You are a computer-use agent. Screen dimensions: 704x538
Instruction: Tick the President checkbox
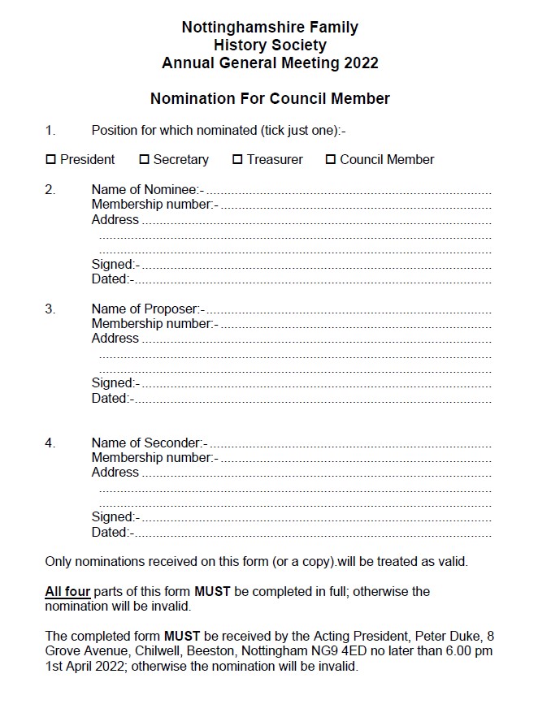[50, 160]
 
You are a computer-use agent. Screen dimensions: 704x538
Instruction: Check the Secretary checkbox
[145, 160]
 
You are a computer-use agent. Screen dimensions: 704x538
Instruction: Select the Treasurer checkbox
[238, 160]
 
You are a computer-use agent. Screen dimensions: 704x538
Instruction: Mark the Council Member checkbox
[331, 160]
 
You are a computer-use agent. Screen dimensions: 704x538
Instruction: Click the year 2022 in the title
[361, 63]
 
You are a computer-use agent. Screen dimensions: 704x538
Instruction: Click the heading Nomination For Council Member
[270, 99]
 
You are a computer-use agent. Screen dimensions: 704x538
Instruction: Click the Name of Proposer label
[148, 309]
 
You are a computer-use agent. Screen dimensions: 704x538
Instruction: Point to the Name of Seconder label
[150, 443]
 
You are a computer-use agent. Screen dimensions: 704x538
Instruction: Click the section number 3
[50, 309]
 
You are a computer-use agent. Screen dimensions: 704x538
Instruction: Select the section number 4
[50, 443]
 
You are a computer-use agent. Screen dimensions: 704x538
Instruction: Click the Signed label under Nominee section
[115, 264]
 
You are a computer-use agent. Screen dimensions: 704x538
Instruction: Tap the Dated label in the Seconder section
[112, 533]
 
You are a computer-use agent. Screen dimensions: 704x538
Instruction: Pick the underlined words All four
[67, 591]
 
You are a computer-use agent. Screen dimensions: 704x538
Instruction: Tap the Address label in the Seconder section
[115, 473]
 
